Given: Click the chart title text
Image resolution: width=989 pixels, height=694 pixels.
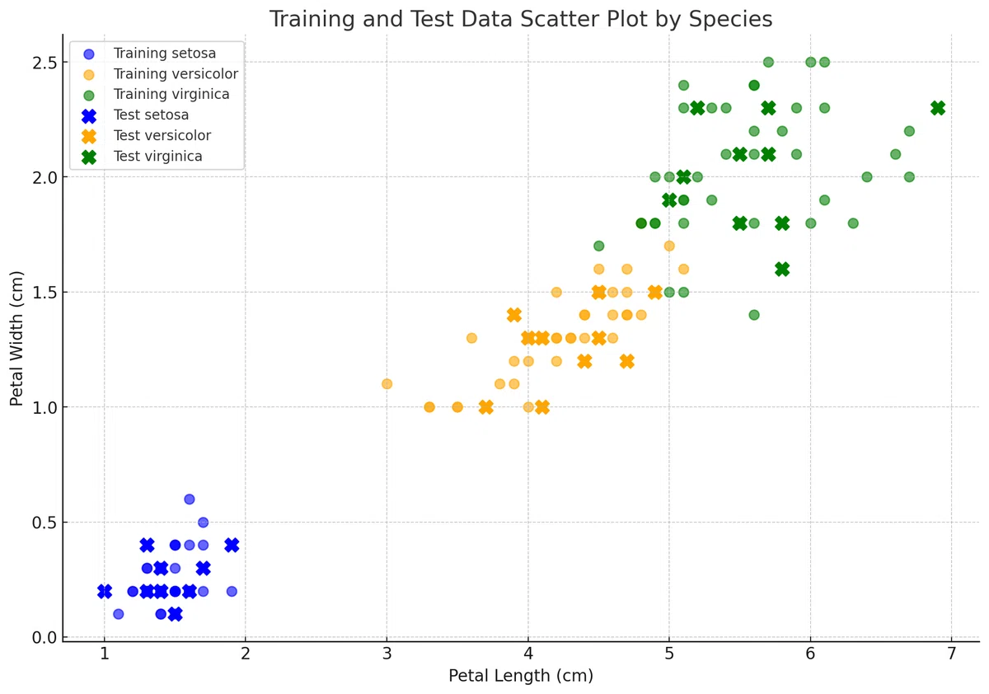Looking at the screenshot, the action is (521, 20).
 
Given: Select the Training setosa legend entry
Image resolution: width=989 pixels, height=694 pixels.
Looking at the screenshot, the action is (149, 54).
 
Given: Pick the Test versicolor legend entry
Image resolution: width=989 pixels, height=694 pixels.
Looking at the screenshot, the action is (147, 136).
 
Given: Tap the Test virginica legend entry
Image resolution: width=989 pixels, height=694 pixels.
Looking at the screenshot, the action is (142, 157).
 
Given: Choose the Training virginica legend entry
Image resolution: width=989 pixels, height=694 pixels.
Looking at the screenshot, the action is (156, 95).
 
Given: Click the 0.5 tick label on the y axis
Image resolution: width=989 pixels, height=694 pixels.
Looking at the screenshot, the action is (45, 523).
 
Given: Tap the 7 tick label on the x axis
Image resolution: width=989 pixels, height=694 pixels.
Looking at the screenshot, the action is (951, 654).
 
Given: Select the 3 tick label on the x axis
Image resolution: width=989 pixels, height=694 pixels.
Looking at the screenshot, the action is (387, 654).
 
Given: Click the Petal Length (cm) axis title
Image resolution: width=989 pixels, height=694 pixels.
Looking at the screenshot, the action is (521, 676).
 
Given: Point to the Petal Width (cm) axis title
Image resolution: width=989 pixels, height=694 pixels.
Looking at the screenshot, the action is (16, 338).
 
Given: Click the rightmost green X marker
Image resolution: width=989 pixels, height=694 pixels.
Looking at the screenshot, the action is (938, 108).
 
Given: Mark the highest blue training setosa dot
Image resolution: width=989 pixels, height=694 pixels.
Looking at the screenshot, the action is (190, 499).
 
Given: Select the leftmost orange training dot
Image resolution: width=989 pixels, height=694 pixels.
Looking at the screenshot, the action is (387, 384).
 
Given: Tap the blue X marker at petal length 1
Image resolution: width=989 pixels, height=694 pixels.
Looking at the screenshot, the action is (105, 591).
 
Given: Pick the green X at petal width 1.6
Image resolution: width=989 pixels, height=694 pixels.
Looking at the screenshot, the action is (782, 270).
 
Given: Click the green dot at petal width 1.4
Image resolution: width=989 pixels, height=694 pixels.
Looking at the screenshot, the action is (754, 315).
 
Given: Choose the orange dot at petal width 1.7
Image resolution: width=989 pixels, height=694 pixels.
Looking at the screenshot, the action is (669, 246).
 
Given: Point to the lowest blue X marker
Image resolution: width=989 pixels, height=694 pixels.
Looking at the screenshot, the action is (176, 614).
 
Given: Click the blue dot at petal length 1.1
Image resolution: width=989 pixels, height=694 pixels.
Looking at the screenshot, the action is (119, 614).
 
